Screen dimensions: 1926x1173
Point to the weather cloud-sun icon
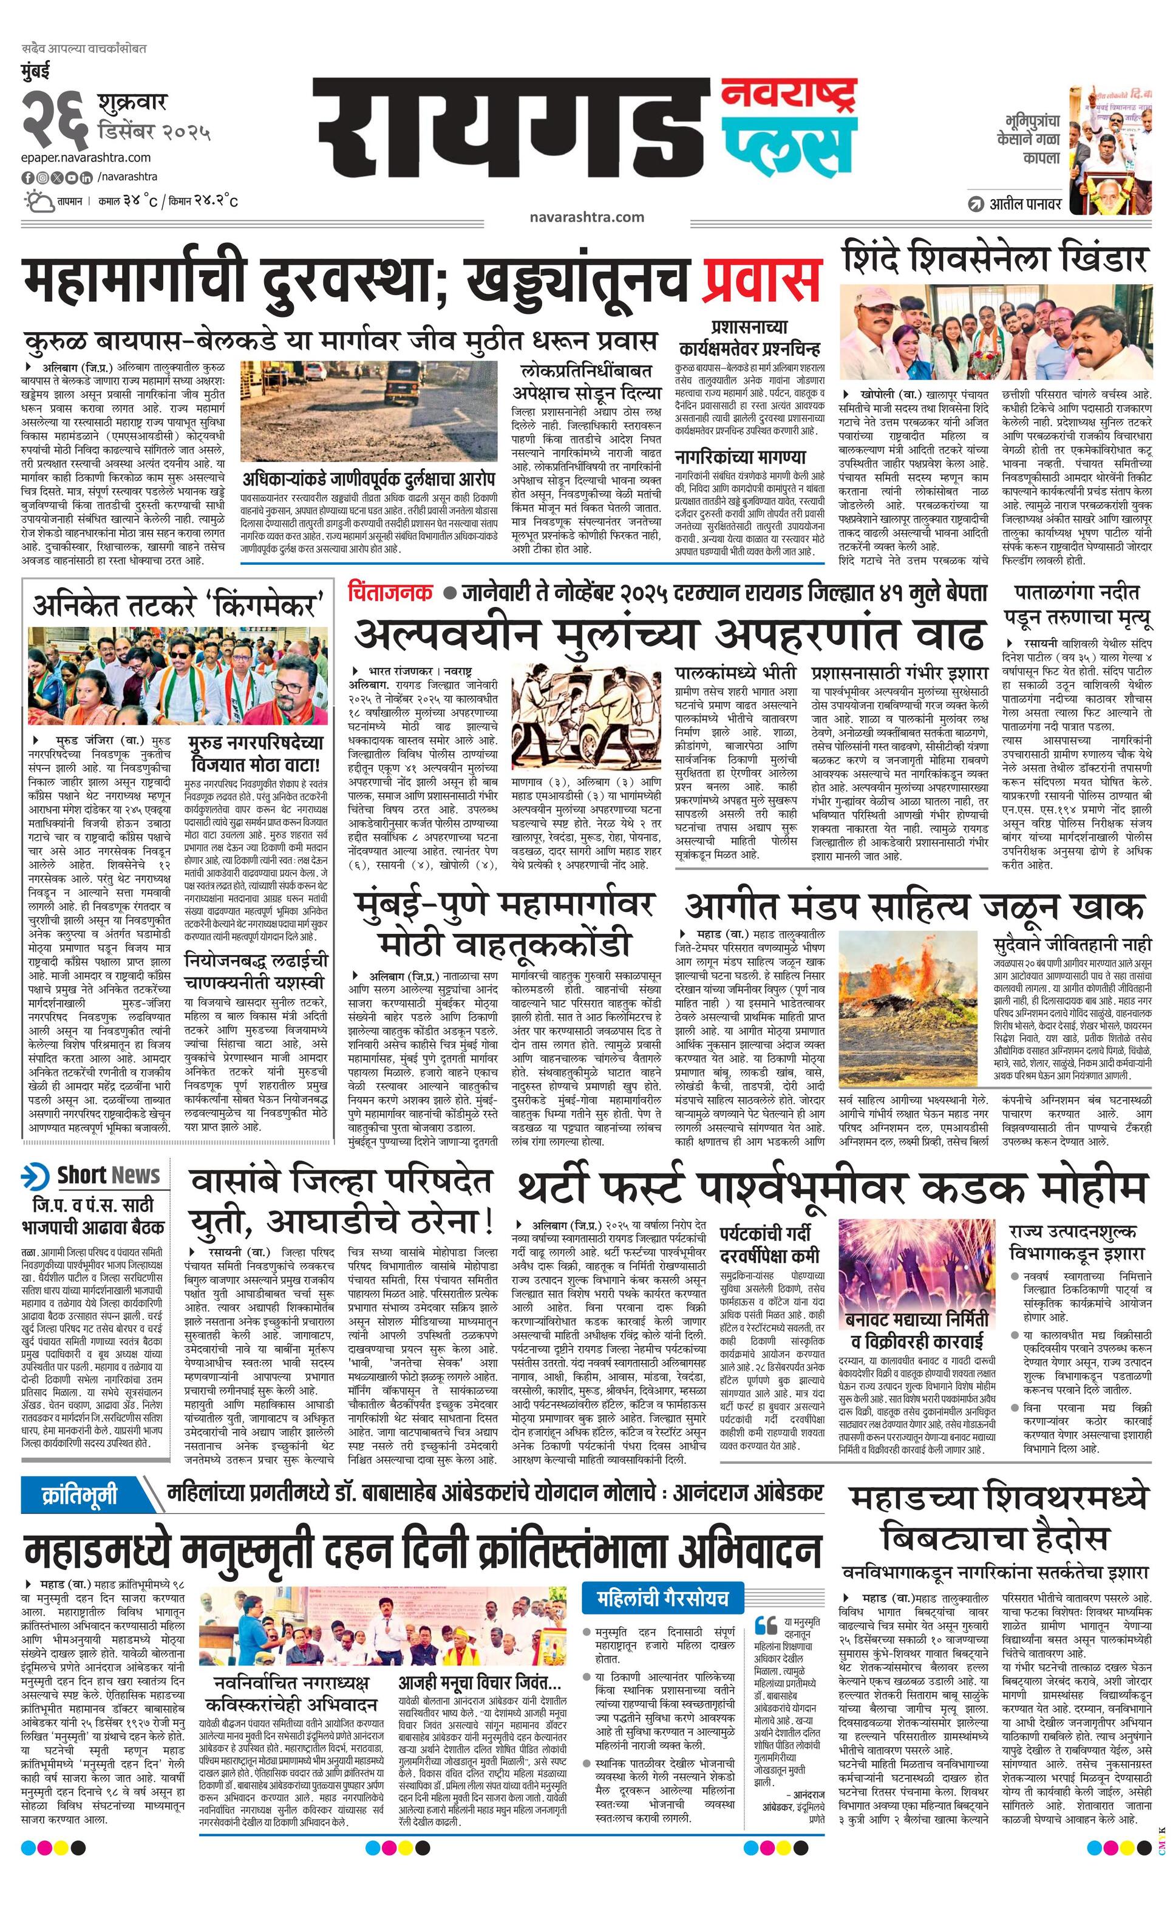tap(36, 202)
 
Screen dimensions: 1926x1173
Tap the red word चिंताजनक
tap(391, 592)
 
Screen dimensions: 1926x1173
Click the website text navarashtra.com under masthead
tap(586, 217)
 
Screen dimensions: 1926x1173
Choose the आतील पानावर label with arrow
tap(1015, 204)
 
